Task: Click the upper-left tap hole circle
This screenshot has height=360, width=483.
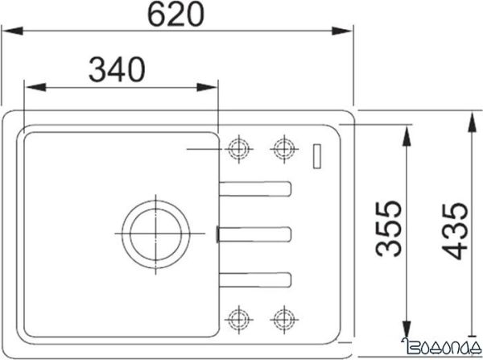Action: click(238, 147)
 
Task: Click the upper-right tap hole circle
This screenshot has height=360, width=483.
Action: click(282, 147)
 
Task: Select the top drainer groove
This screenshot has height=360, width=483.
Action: click(256, 189)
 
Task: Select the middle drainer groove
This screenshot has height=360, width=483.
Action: click(256, 234)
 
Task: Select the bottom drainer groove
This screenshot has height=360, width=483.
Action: click(256, 278)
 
